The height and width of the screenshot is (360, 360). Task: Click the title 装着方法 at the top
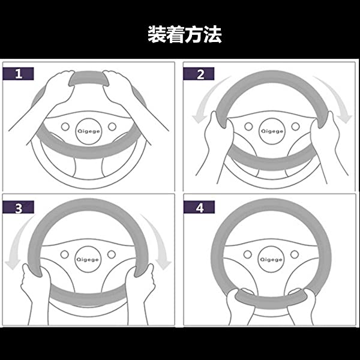coord(185,34)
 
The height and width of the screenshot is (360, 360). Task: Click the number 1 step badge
coord(19,74)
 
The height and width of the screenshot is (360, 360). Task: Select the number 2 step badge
coord(199,74)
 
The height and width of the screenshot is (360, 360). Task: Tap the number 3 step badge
coord(19,207)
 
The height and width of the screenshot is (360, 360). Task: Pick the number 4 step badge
coord(199,207)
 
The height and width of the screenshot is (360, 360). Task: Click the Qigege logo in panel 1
coord(89,131)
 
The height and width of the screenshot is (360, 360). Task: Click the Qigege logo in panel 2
coord(272,131)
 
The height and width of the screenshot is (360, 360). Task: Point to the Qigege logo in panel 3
coord(88,259)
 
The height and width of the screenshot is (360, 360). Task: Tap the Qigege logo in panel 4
coord(271,259)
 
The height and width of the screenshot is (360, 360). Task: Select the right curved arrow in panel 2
coord(337,97)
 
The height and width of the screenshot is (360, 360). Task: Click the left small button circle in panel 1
coord(65,127)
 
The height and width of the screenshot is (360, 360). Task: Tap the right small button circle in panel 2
coord(295,127)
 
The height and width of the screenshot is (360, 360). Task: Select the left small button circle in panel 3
coord(65,254)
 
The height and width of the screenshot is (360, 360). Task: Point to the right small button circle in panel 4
coord(295,254)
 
